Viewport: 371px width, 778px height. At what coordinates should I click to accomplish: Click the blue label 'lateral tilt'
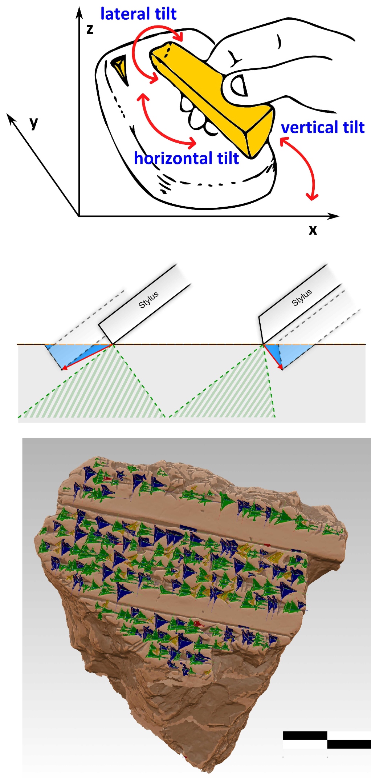click(x=138, y=14)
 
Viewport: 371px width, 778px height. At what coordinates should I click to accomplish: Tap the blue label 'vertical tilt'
click(x=323, y=127)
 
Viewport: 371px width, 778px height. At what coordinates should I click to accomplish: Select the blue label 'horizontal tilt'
click(x=186, y=158)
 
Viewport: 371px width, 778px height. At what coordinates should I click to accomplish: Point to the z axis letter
click(x=90, y=29)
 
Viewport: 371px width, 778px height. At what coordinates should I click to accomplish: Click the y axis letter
click(x=34, y=123)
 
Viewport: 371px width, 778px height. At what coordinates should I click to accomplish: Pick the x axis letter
click(x=313, y=230)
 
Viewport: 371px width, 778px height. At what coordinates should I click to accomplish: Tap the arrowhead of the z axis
click(x=79, y=13)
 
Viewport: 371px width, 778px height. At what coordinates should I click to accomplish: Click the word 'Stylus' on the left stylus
click(x=148, y=300)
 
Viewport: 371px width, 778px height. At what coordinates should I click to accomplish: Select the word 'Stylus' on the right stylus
click(x=302, y=298)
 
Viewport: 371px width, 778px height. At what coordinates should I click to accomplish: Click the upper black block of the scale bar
click(x=305, y=735)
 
